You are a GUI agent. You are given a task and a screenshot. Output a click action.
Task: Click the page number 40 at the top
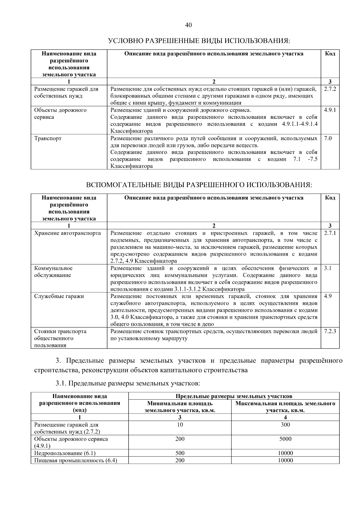click(188, 25)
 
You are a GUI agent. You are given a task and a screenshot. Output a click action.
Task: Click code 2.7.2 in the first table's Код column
click(330, 89)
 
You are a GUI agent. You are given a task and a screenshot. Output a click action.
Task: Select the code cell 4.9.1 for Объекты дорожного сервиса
click(330, 110)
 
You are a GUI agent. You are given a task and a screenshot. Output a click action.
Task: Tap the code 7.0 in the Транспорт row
click(328, 139)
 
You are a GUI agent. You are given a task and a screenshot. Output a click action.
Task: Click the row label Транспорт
click(48, 139)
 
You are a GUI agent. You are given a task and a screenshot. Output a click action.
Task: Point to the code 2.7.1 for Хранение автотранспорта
click(330, 233)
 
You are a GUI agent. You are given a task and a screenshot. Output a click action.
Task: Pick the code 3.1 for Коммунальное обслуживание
click(328, 268)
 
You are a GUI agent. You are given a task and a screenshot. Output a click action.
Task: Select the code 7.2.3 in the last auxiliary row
click(330, 331)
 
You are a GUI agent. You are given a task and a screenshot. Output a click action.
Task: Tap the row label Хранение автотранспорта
click(67, 233)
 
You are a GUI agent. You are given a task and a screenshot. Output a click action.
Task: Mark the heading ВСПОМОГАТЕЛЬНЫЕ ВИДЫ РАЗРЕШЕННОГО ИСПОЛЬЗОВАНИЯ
click(199, 185)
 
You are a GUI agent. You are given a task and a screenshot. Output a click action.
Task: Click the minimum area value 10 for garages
click(180, 425)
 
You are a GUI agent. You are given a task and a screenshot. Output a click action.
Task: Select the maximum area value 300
click(285, 425)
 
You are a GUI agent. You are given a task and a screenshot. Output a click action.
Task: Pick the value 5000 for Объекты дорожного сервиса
click(285, 439)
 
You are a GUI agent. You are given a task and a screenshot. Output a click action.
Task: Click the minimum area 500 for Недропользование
click(180, 453)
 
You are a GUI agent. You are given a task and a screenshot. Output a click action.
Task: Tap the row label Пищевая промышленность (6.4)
click(76, 460)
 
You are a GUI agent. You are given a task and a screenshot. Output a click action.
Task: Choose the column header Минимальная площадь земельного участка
click(180, 407)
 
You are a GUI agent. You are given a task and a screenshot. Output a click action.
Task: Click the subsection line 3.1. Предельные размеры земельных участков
click(127, 383)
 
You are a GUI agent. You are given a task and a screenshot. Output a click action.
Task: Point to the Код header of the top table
click(330, 54)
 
